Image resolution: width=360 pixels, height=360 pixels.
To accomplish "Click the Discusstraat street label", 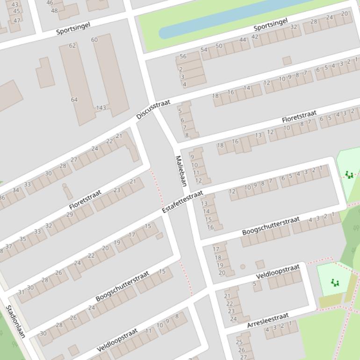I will tap(153, 109).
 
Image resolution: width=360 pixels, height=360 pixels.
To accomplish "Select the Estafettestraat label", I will tap(183, 202).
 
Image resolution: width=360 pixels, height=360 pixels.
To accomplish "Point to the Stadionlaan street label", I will tap(15, 321).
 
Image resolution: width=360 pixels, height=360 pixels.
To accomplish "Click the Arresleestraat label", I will tap(268, 320).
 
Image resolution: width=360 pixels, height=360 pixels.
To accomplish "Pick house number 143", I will tap(101, 108).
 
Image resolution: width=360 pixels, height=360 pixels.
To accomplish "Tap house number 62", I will tap(72, 45).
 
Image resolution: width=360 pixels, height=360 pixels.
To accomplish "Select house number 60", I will tap(94, 40).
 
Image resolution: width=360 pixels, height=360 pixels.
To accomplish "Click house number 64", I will tap(74, 100).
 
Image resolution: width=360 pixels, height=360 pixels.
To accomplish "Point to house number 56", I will tap(183, 56).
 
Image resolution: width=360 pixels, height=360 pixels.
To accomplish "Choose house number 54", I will tap(204, 50).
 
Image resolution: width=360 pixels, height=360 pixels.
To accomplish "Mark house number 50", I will tap(219, 46).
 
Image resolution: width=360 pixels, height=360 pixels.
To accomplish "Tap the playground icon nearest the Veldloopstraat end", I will tap(334, 282).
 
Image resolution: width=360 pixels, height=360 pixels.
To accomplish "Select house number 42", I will tap(255, 36).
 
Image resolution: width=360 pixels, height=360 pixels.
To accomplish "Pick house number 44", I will tap(243, 40).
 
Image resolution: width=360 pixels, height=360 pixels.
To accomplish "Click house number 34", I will tap(16, 190).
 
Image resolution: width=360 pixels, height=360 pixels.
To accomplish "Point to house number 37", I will tap(9, 246).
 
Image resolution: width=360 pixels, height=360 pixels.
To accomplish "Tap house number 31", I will tap(21, 292).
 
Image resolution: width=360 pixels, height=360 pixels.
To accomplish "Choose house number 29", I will tap(70, 215).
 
